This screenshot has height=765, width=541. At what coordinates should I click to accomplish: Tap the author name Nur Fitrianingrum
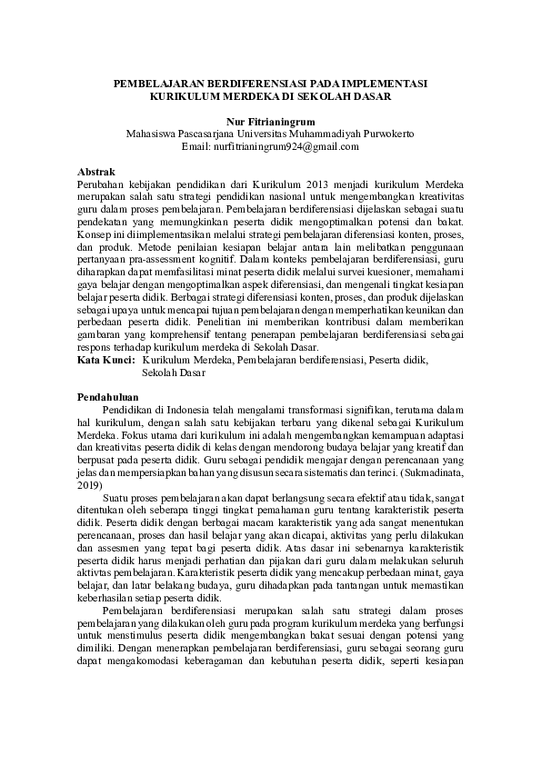(x=270, y=120)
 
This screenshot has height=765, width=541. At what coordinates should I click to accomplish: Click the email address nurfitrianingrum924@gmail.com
(x=284, y=145)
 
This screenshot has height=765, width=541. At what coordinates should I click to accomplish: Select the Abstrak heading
(x=95, y=171)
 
